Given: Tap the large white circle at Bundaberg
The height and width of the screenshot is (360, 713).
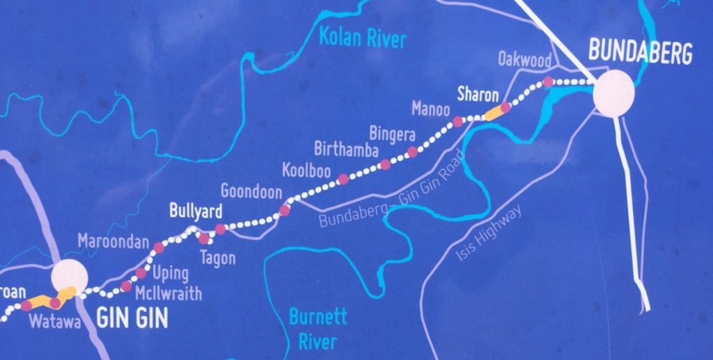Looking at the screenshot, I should (613, 93).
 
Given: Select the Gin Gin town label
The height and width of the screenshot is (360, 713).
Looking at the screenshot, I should (132, 318).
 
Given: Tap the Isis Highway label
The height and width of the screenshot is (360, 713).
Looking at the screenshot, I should (488, 233).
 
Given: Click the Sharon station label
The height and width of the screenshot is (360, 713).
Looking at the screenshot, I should (478, 94).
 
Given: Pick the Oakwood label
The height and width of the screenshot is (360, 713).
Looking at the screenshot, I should (525, 59).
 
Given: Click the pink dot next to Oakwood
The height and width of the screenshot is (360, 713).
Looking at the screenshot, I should (548, 82).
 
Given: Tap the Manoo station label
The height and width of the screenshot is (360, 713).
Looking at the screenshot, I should (430, 108).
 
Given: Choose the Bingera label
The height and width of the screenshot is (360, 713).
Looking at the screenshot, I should (392, 131).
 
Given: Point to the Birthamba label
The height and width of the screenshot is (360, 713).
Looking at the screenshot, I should (346, 149).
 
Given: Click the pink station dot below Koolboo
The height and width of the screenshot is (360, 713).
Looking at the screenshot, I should (343, 179).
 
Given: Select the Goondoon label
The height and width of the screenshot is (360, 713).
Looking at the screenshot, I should (251, 191).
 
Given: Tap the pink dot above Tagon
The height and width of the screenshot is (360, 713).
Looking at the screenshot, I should (204, 238).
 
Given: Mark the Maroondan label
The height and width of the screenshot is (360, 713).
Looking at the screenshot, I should (113, 242).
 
